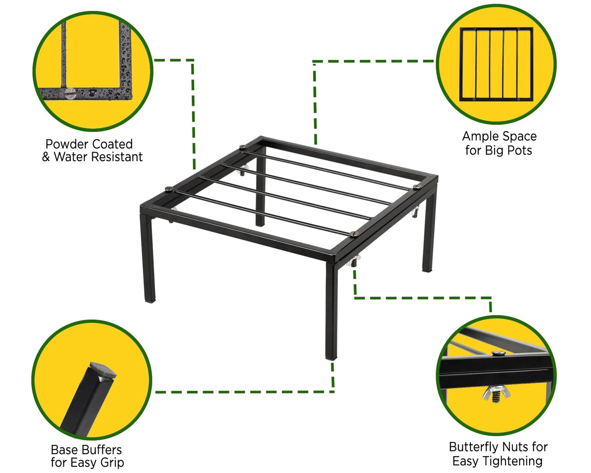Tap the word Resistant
click(117, 157)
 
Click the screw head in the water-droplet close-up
click(70, 93)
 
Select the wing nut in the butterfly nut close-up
click(496, 394)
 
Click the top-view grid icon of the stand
click(496, 64)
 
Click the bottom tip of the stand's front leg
click(331, 359)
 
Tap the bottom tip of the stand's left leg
click(150, 301)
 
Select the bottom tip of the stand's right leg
click(427, 270)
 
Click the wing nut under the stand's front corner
click(353, 261)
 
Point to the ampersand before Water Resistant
click(46, 157)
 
